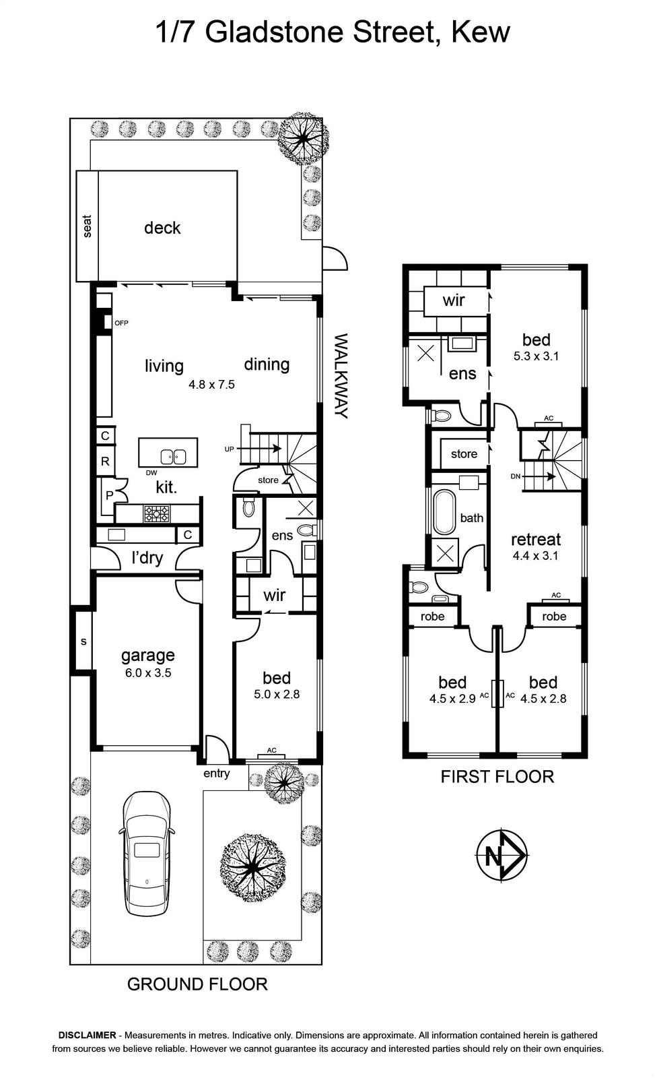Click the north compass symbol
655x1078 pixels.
(x=502, y=855)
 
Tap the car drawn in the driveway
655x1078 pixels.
(x=147, y=853)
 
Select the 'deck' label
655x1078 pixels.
(x=162, y=228)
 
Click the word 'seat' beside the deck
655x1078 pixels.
(x=87, y=226)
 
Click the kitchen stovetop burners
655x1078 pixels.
(x=157, y=513)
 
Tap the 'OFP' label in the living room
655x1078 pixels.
(x=121, y=323)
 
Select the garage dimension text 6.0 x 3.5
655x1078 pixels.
(x=148, y=673)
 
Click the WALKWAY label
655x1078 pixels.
(x=341, y=376)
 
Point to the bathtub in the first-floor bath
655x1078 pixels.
(x=445, y=512)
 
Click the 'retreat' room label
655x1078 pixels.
(x=536, y=539)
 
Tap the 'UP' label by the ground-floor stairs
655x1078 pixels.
(x=229, y=449)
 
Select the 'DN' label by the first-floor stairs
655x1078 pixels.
(x=516, y=476)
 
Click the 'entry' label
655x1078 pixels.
(x=216, y=773)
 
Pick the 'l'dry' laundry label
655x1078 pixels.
(x=147, y=558)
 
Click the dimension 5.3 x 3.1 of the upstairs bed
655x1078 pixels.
(x=536, y=356)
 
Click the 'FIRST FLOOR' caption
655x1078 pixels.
(x=497, y=776)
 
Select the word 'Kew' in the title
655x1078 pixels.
(x=481, y=32)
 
